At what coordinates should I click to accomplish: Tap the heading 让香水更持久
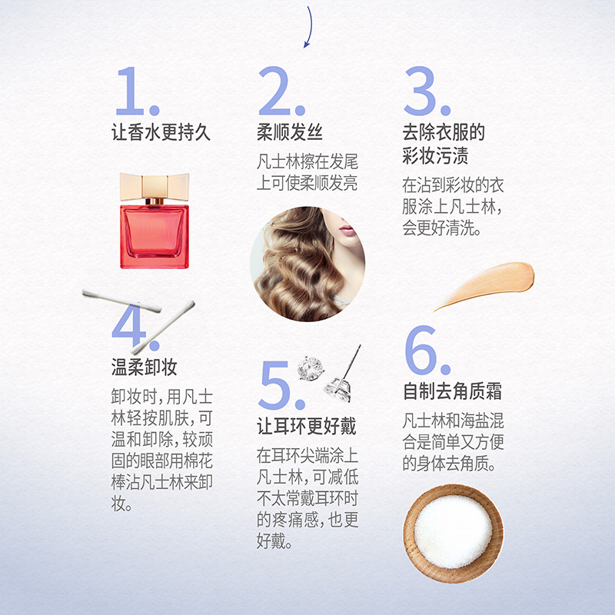pos(161,132)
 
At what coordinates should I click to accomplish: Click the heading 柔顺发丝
pos(289,132)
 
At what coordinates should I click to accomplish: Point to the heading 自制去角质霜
pos(453,391)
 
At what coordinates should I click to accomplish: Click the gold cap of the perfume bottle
pos(154,185)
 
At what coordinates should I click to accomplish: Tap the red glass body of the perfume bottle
pos(154,234)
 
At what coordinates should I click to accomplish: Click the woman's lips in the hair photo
pos(347,230)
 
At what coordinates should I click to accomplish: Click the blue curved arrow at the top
pos(309,27)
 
